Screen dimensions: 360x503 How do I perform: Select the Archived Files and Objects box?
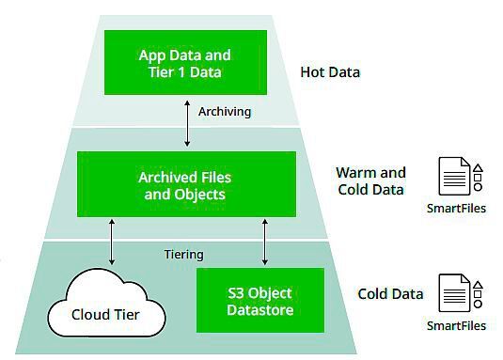185,185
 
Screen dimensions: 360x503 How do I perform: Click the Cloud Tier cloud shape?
105,308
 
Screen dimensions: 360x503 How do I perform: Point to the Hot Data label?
330,71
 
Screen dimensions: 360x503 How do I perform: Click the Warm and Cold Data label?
369,180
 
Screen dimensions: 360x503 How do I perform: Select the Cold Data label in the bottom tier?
390,293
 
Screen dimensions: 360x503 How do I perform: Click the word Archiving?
225,111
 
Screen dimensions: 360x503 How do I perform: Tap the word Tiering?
185,254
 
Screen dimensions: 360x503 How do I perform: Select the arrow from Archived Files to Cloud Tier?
114,244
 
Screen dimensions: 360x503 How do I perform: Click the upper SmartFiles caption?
456,209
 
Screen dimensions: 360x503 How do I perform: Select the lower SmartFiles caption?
456,325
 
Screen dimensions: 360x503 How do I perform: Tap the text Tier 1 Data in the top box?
185,71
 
